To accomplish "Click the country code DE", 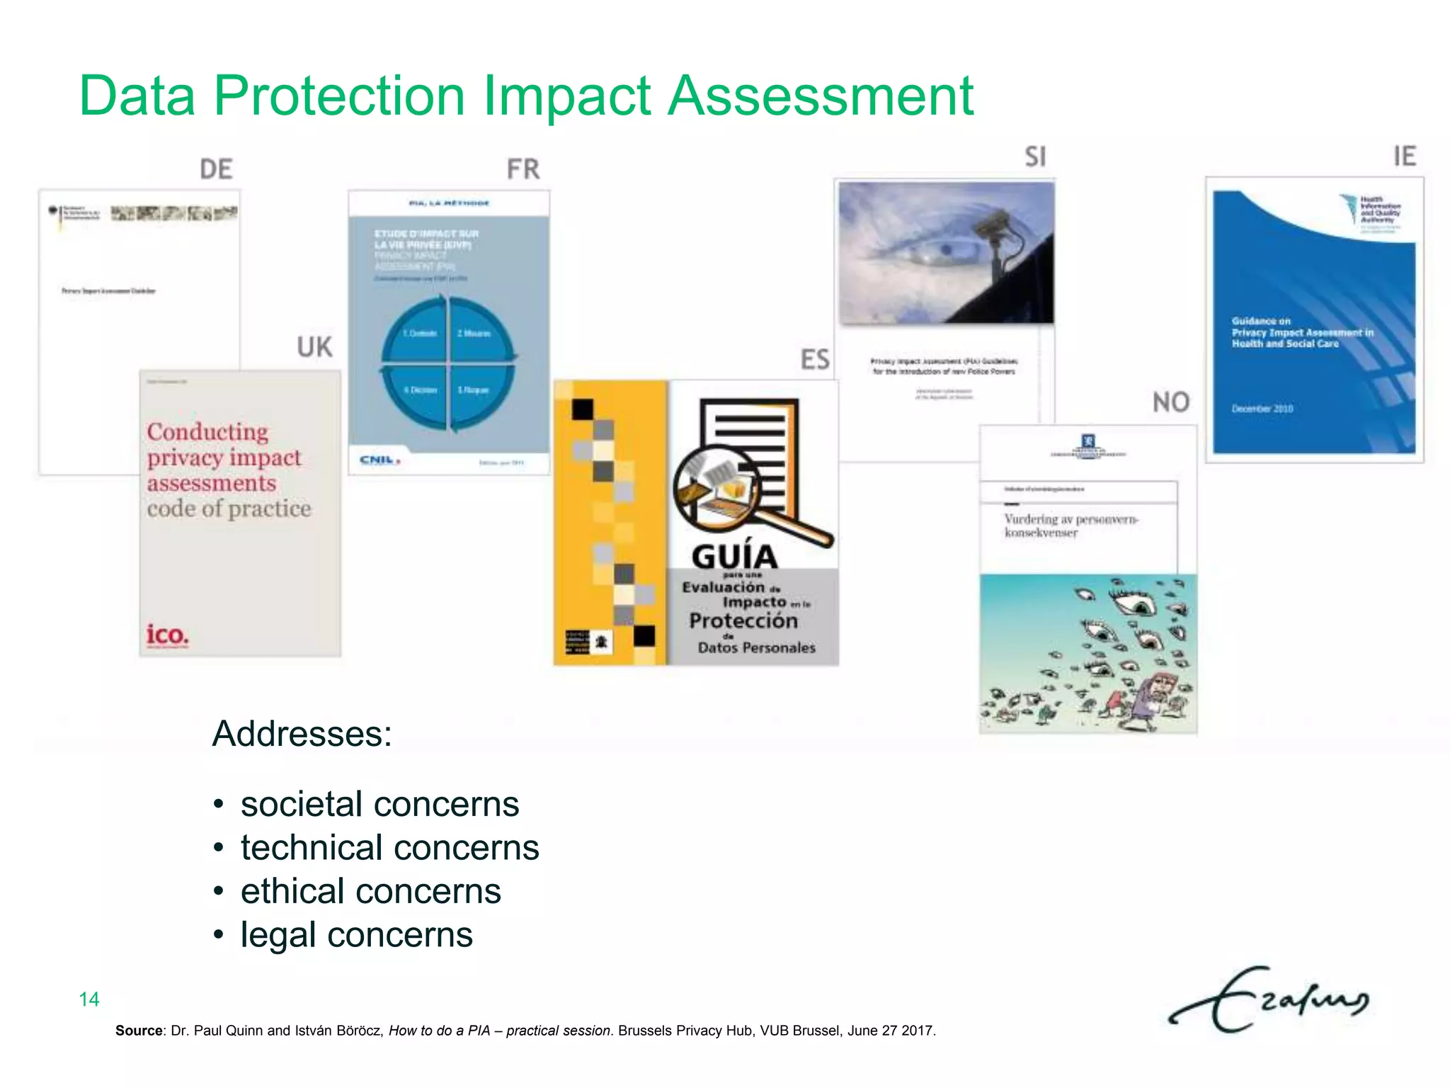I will (x=216, y=169).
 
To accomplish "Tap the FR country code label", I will (x=523, y=169).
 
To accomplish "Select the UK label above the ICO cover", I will (x=314, y=347).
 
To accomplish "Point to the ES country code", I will (x=815, y=360).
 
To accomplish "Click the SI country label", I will (x=1035, y=157).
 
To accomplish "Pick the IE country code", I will (x=1405, y=156).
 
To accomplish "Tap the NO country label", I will (x=1171, y=402).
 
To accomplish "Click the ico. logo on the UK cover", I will (x=168, y=634).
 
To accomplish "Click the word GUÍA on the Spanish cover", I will (x=734, y=557).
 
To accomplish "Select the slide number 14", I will (x=89, y=999).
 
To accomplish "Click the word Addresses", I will (x=302, y=733).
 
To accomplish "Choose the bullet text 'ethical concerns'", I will (x=370, y=891).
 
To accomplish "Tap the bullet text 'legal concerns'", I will (x=356, y=935).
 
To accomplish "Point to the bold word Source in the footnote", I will (x=139, y=1031).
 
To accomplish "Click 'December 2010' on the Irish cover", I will (x=1262, y=409).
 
